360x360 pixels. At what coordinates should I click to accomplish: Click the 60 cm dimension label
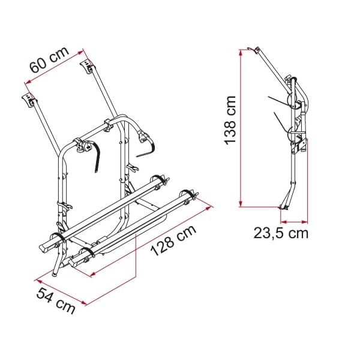click(x=49, y=59)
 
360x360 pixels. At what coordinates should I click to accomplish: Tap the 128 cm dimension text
click(x=173, y=240)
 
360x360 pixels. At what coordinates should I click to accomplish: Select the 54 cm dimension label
click(x=56, y=301)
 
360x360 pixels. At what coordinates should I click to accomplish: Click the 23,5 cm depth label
click(x=281, y=233)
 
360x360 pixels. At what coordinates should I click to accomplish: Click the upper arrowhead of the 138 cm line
click(x=241, y=52)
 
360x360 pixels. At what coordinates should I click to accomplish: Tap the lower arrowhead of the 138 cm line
click(x=241, y=204)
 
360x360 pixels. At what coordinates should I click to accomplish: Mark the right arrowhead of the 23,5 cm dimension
click(x=305, y=222)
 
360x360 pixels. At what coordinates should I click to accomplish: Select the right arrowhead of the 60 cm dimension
click(x=80, y=53)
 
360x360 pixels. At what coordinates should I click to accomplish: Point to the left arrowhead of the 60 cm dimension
click(x=28, y=82)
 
